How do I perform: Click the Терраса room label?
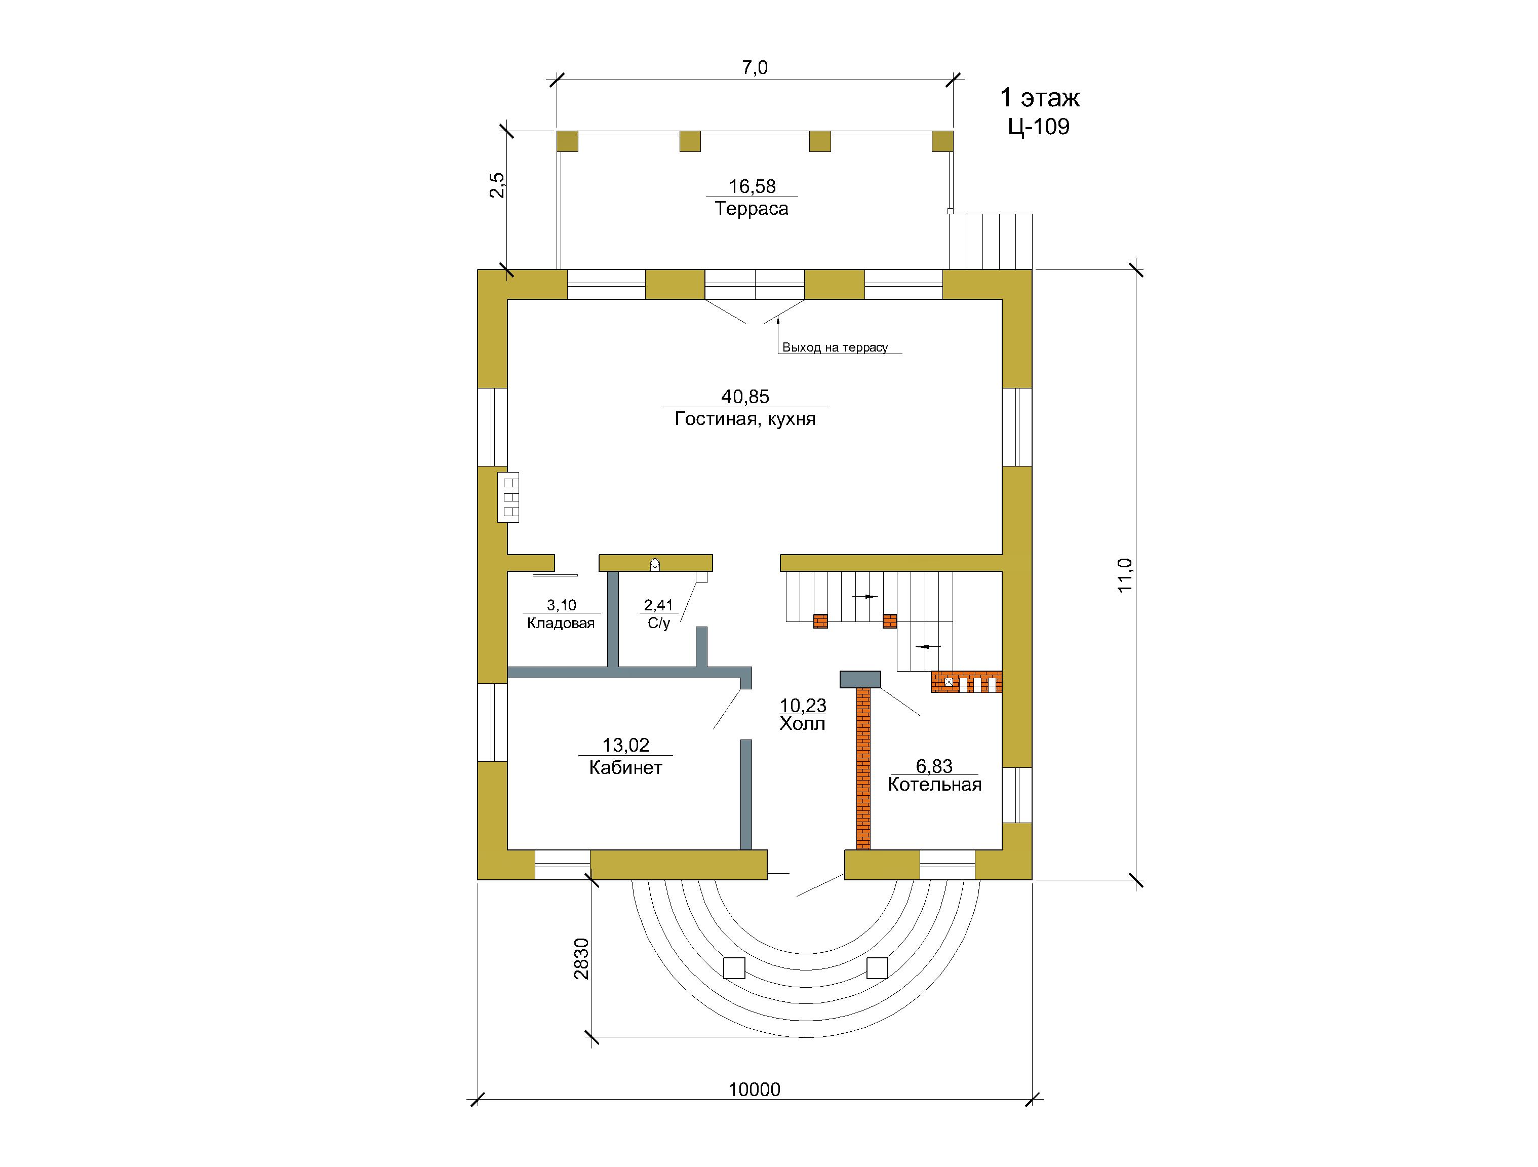point(752,209)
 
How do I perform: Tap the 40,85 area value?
point(745,397)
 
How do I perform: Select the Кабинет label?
point(626,768)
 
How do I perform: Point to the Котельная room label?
point(934,785)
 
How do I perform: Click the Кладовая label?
point(561,623)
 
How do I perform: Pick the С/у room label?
point(658,623)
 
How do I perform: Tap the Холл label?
point(802,724)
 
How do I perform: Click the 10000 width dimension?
point(755,1089)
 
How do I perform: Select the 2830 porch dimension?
point(581,959)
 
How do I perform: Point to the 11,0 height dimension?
point(1125,575)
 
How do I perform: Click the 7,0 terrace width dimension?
point(755,67)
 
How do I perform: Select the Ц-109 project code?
point(1039,127)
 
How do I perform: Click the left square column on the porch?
point(734,968)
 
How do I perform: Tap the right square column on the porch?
point(878,968)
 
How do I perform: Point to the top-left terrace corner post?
point(567,141)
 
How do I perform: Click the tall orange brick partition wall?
point(863,768)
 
